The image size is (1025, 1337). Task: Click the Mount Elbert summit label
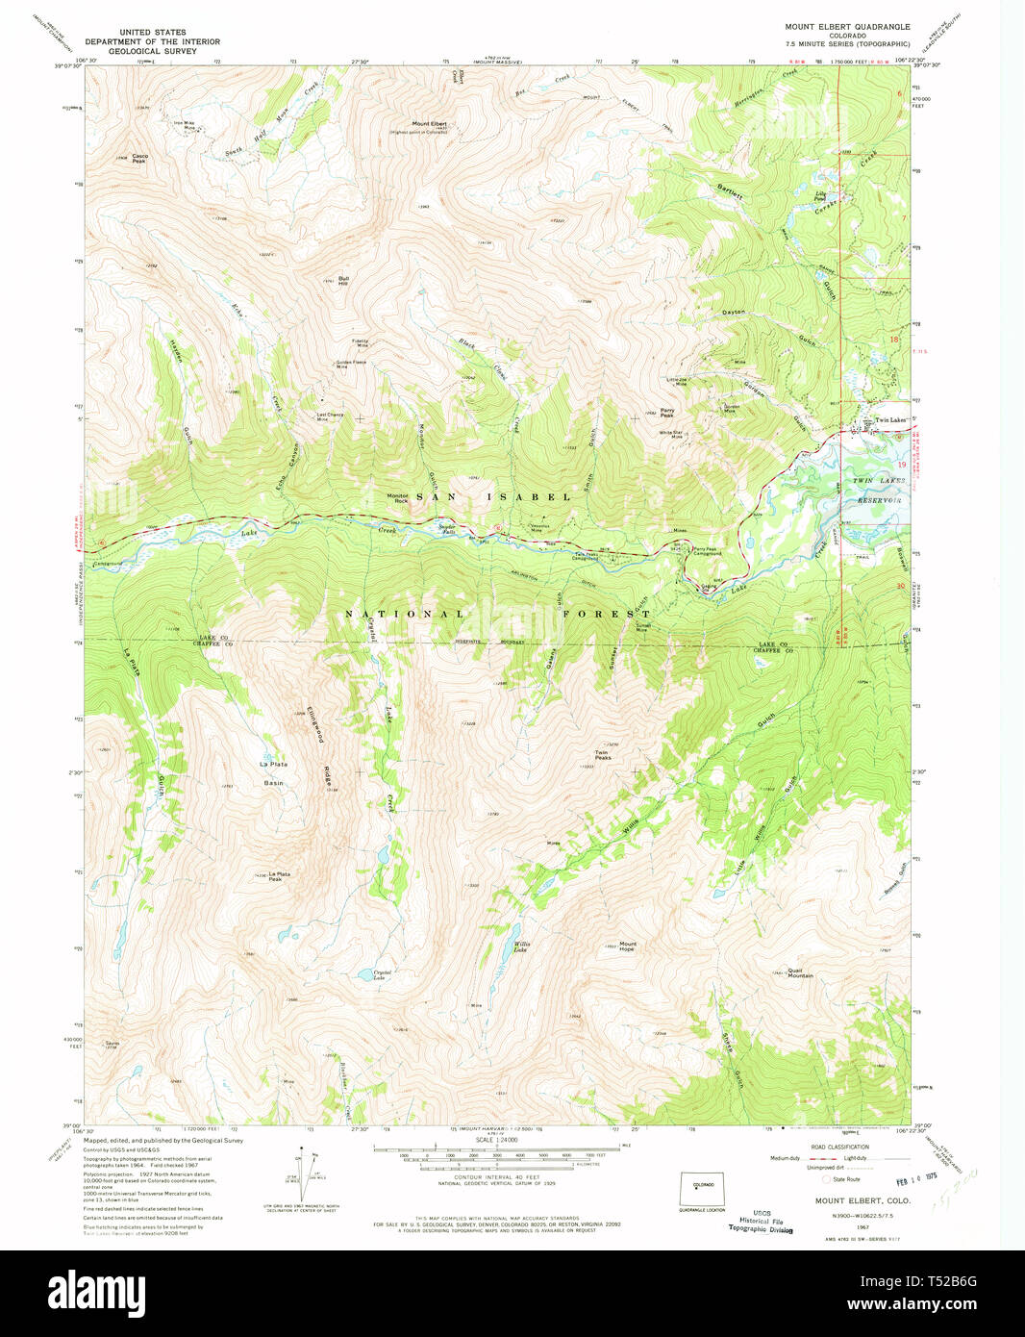click(430, 124)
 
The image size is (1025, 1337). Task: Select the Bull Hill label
click(343, 281)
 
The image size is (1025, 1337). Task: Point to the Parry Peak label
click(666, 414)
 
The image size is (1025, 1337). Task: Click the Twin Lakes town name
click(889, 420)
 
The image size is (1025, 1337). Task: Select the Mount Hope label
click(627, 946)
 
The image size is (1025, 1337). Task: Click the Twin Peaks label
click(602, 755)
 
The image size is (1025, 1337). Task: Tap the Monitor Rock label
click(398, 498)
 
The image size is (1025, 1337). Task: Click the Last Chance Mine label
click(330, 417)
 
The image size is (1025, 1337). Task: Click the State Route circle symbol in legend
click(825, 1178)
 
